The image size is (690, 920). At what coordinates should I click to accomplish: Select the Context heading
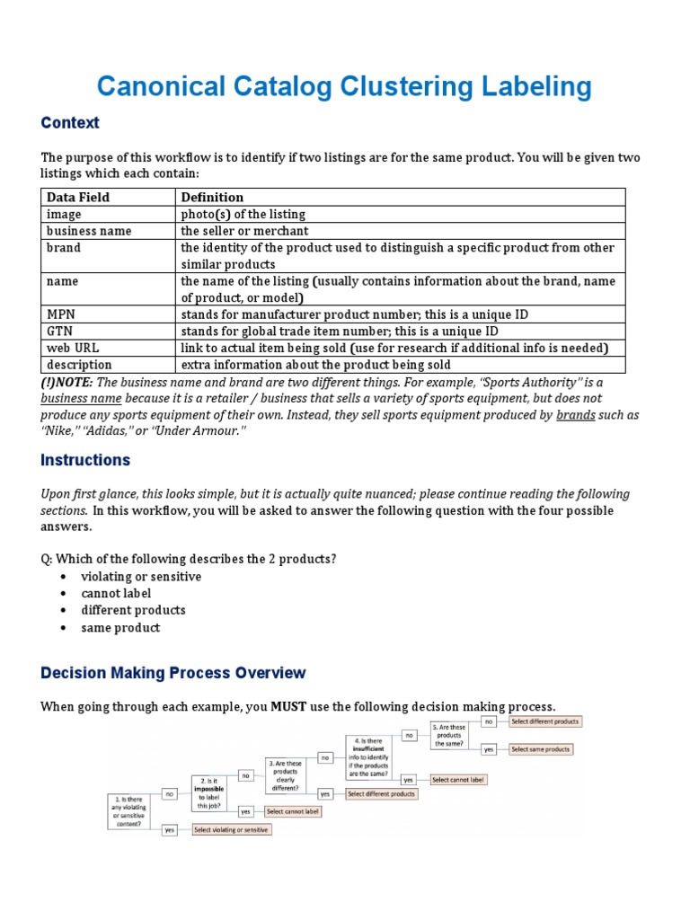(x=70, y=122)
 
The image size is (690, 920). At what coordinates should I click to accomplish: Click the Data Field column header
(x=78, y=197)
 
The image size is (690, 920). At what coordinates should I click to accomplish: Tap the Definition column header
(x=212, y=197)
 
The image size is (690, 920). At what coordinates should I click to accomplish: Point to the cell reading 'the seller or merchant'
(x=244, y=231)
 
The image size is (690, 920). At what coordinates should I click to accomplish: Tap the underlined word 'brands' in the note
(x=575, y=415)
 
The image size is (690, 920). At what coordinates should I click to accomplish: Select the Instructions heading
(x=85, y=460)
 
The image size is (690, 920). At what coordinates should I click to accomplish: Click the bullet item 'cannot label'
(x=116, y=593)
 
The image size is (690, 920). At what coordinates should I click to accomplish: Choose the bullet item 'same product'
(x=120, y=628)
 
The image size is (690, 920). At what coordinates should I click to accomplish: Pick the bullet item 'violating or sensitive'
(x=141, y=577)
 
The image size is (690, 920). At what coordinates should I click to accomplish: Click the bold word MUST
(x=289, y=706)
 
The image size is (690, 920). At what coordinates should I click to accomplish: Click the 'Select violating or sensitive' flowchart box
(x=231, y=829)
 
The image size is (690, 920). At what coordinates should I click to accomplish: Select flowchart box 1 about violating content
(x=128, y=811)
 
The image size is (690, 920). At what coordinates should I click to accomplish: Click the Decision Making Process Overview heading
(x=172, y=673)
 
